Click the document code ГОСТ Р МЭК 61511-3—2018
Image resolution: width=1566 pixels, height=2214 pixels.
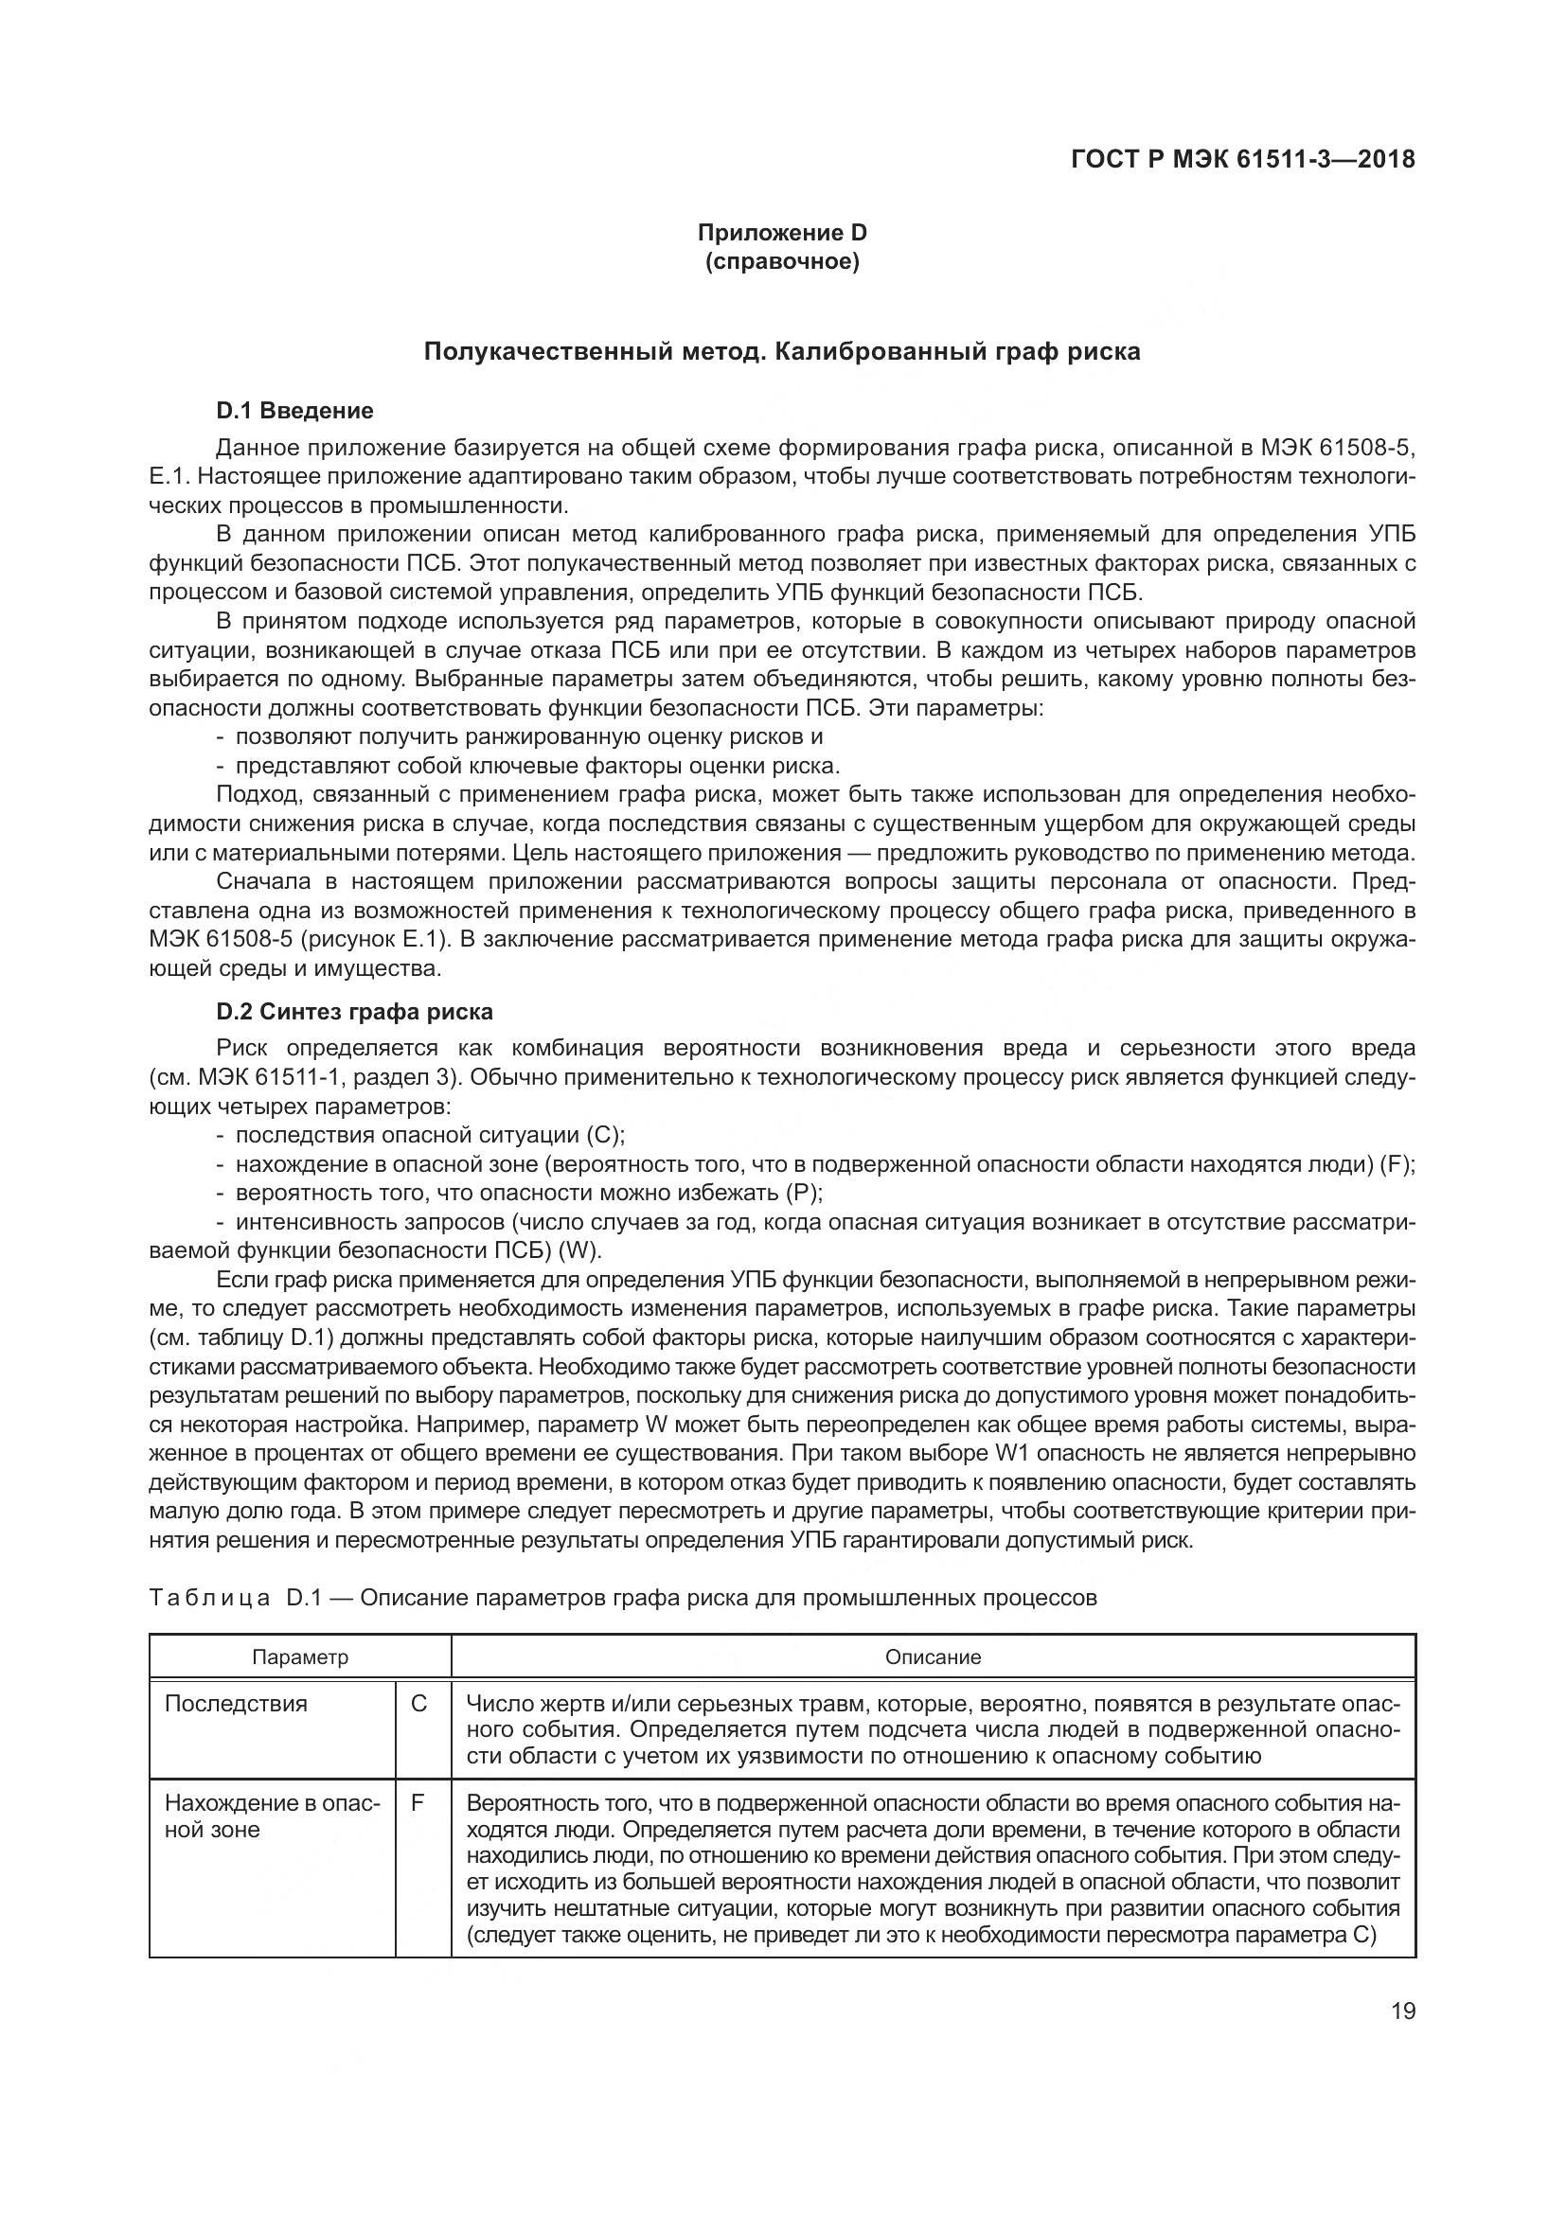tap(1242, 160)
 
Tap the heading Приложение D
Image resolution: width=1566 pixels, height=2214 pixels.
tap(782, 233)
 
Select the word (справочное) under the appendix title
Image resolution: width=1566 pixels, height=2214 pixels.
tap(782, 261)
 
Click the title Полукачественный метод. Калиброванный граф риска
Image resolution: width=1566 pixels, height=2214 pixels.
tap(782, 352)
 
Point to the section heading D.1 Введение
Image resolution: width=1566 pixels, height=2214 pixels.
tap(294, 411)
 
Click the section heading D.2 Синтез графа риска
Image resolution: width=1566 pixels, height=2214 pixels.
tap(354, 1012)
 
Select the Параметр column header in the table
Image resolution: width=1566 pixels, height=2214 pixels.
tap(300, 1657)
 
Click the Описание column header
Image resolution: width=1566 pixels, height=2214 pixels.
tap(933, 1657)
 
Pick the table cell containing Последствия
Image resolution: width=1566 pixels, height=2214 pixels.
tap(237, 1704)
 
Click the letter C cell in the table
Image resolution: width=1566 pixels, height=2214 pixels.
tap(418, 1704)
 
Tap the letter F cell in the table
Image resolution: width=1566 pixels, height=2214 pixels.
tap(418, 1803)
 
